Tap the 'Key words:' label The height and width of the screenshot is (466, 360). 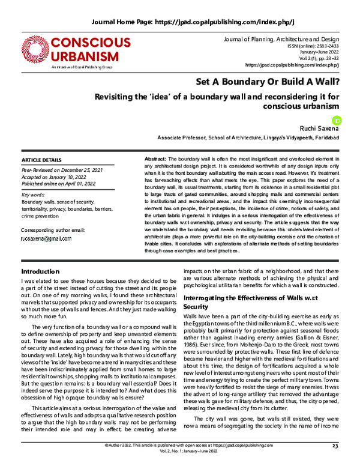coord(32,196)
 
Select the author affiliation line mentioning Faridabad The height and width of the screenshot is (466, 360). coord(252,137)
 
